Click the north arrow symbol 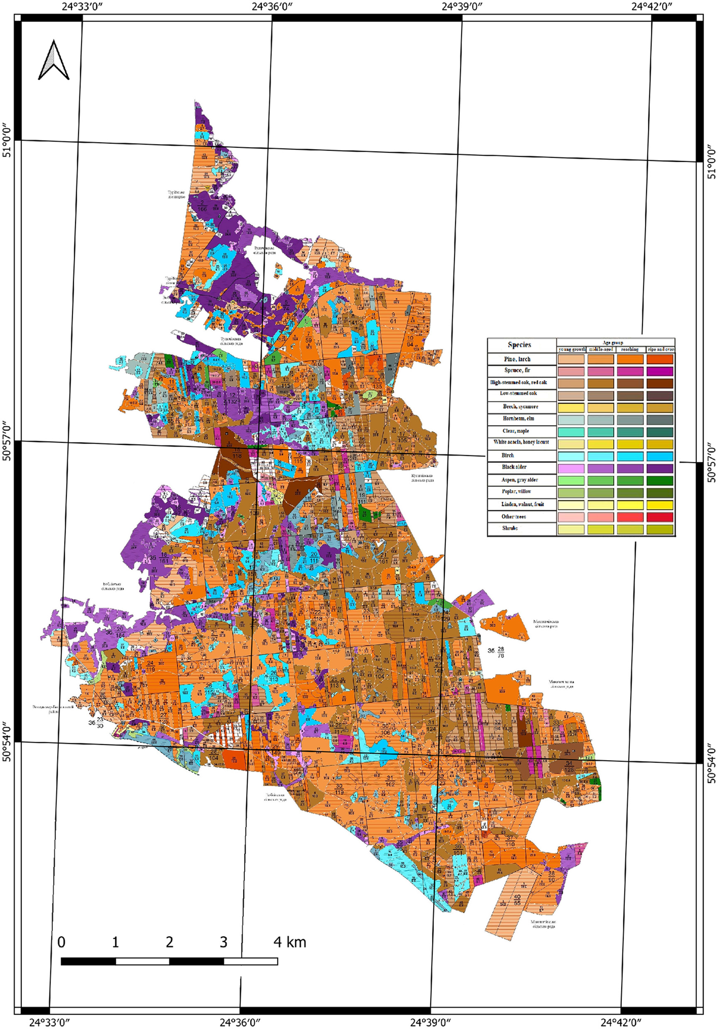[x=54, y=60]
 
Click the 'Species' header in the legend [x=520, y=345]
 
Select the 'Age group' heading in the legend [x=613, y=342]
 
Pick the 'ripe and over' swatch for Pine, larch [x=660, y=359]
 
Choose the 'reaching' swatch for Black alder [x=630, y=468]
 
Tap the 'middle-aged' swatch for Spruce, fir [x=600, y=371]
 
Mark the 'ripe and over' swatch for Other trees [x=660, y=517]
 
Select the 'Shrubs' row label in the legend [x=510, y=528]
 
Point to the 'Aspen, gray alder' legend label [x=520, y=480]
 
